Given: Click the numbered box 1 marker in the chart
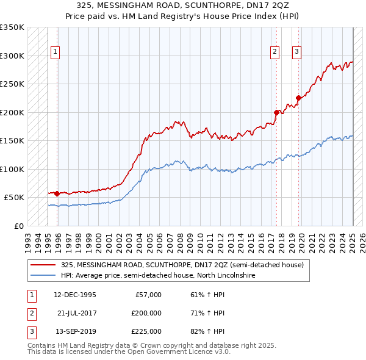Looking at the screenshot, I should tap(55, 52).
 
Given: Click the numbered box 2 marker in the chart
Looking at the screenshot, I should tap(275, 52).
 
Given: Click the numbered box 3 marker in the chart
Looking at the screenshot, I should tap(296, 52).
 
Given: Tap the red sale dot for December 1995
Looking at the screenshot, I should tap(57, 193).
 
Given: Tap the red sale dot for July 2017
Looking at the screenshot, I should tap(276, 112).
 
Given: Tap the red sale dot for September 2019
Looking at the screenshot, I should tap(298, 98).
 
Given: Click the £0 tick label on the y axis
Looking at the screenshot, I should tap(18, 226).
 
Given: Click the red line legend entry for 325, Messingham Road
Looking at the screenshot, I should tap(177, 265).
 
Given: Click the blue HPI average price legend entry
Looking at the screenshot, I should tap(157, 276).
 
